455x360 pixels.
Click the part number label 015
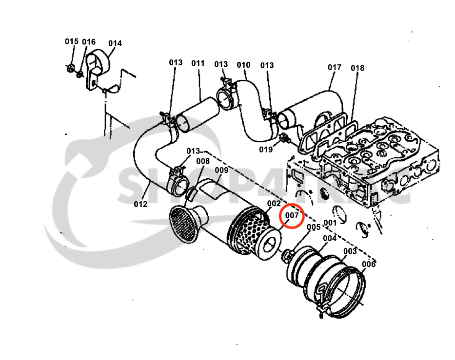71,41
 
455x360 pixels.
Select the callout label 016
89,42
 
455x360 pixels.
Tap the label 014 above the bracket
115,43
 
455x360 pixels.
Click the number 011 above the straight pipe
198,63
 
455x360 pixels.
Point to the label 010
243,65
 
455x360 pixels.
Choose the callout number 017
334,67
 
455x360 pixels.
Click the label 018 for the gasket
357,68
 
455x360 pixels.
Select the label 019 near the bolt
266,150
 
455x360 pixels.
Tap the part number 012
140,204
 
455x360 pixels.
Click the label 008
203,161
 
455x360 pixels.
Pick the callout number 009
221,170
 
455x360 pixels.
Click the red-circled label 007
292,215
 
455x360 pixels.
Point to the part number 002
274,204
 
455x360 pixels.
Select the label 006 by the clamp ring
369,264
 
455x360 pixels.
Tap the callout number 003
350,251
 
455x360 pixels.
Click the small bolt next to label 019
283,139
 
